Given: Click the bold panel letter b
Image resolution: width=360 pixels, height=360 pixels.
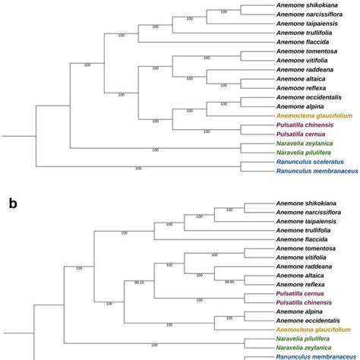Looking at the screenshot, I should pyautogui.click(x=13, y=203).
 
